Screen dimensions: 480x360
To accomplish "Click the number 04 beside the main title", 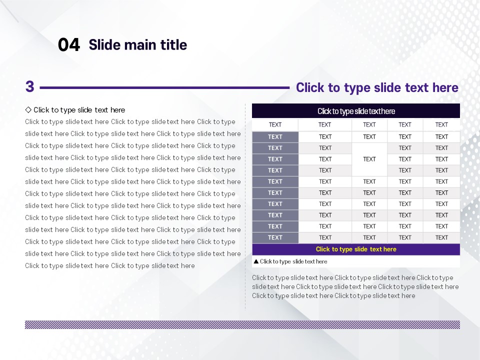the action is [x=69, y=44].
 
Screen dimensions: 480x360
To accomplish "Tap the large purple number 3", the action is [x=29, y=86].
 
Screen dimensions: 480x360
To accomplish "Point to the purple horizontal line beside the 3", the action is [x=164, y=87].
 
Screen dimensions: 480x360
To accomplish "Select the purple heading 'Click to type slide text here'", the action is [x=377, y=87].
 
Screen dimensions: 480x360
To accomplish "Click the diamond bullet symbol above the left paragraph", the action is [x=28, y=109].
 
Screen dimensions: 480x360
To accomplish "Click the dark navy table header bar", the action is [x=355, y=111].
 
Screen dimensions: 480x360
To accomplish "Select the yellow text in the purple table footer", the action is [x=356, y=249].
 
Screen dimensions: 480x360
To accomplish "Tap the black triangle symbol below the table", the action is [x=256, y=261].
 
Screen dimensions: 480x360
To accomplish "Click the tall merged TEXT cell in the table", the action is [x=369, y=159].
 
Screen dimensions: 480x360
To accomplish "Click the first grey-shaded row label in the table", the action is [x=275, y=137].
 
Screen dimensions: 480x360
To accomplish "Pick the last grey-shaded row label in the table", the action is [x=275, y=237].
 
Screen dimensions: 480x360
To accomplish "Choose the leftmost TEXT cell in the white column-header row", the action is [x=275, y=124].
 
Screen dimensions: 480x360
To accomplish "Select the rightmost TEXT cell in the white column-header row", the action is [x=441, y=124].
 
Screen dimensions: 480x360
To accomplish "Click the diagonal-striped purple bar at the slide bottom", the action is [x=242, y=324].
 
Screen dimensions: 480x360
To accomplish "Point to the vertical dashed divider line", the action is [x=245, y=206].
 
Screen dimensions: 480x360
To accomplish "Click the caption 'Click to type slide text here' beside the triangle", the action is [x=293, y=261].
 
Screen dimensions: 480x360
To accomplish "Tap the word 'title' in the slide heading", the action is [x=174, y=44].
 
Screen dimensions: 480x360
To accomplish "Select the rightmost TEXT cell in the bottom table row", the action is [x=441, y=237].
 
